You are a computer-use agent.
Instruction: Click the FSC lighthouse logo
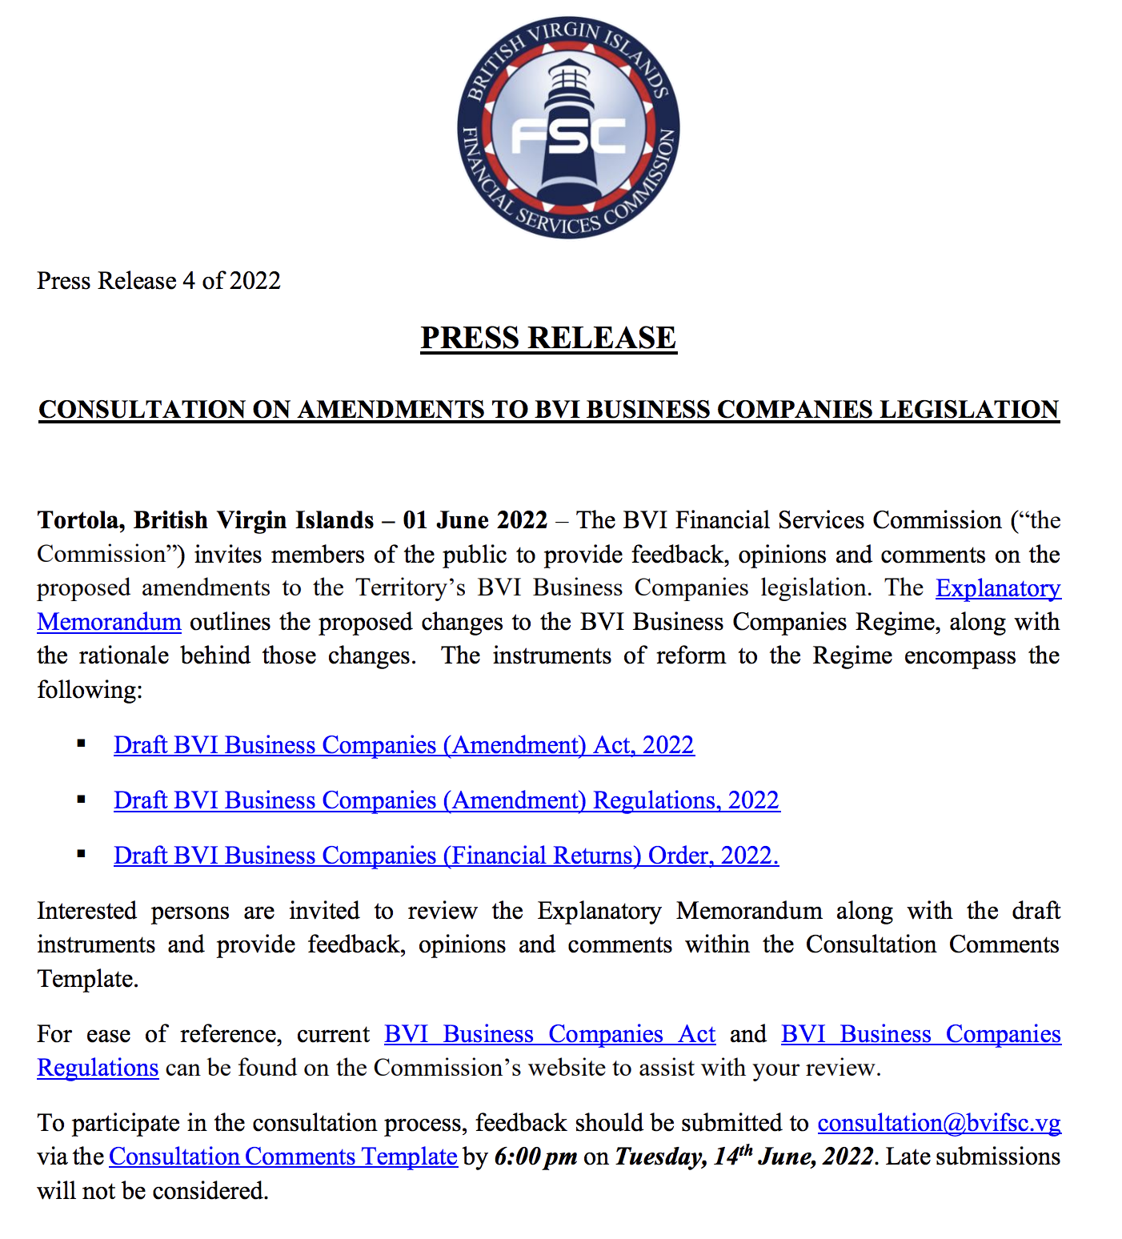[x=568, y=129]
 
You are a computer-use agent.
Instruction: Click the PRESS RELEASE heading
[x=548, y=338]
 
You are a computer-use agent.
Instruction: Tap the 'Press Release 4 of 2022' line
[x=158, y=281]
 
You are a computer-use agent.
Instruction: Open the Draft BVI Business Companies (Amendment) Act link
[x=403, y=745]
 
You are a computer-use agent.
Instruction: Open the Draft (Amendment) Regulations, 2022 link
[x=446, y=800]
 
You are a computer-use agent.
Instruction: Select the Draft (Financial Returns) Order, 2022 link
[x=446, y=856]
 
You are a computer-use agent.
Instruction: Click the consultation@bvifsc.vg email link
[x=939, y=1123]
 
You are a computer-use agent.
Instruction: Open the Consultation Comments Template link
[x=283, y=1157]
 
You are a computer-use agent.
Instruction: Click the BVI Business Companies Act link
[x=549, y=1034]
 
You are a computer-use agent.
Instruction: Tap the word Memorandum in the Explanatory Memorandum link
[x=109, y=622]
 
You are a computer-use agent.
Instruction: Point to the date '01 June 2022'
[x=475, y=520]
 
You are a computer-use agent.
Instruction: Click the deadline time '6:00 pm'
[x=535, y=1157]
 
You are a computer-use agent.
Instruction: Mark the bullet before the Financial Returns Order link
[x=81, y=854]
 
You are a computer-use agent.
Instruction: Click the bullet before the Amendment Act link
[x=81, y=744]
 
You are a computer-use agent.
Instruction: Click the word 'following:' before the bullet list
[x=90, y=690]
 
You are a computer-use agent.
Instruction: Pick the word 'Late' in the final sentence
[x=908, y=1157]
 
